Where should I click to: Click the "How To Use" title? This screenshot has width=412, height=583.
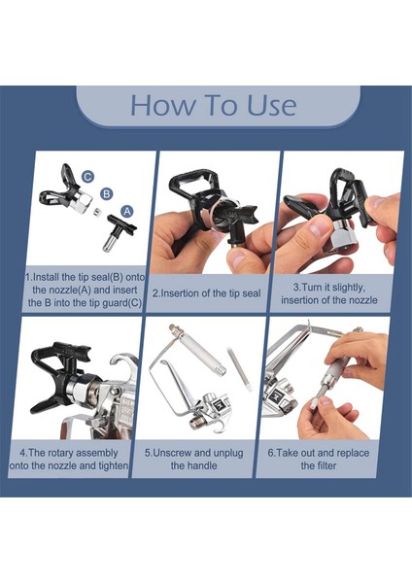[213, 105]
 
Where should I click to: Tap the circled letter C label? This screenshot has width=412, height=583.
[87, 177]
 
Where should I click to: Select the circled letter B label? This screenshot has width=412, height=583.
[107, 193]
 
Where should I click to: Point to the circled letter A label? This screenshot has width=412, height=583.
[127, 211]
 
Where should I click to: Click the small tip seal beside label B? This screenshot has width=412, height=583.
[97, 212]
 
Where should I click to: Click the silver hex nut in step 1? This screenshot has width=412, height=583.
[83, 202]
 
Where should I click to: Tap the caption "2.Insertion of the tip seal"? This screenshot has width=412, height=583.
[207, 293]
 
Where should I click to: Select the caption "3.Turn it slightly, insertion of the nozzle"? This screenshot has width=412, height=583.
[329, 293]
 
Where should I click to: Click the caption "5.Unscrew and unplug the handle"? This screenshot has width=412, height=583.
[193, 459]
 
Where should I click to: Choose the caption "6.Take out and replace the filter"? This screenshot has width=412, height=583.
[319, 459]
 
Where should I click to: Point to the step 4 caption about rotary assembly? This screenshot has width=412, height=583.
[69, 459]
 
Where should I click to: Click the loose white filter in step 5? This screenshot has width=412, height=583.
[239, 369]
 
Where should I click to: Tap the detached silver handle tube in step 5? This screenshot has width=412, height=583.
[197, 349]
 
